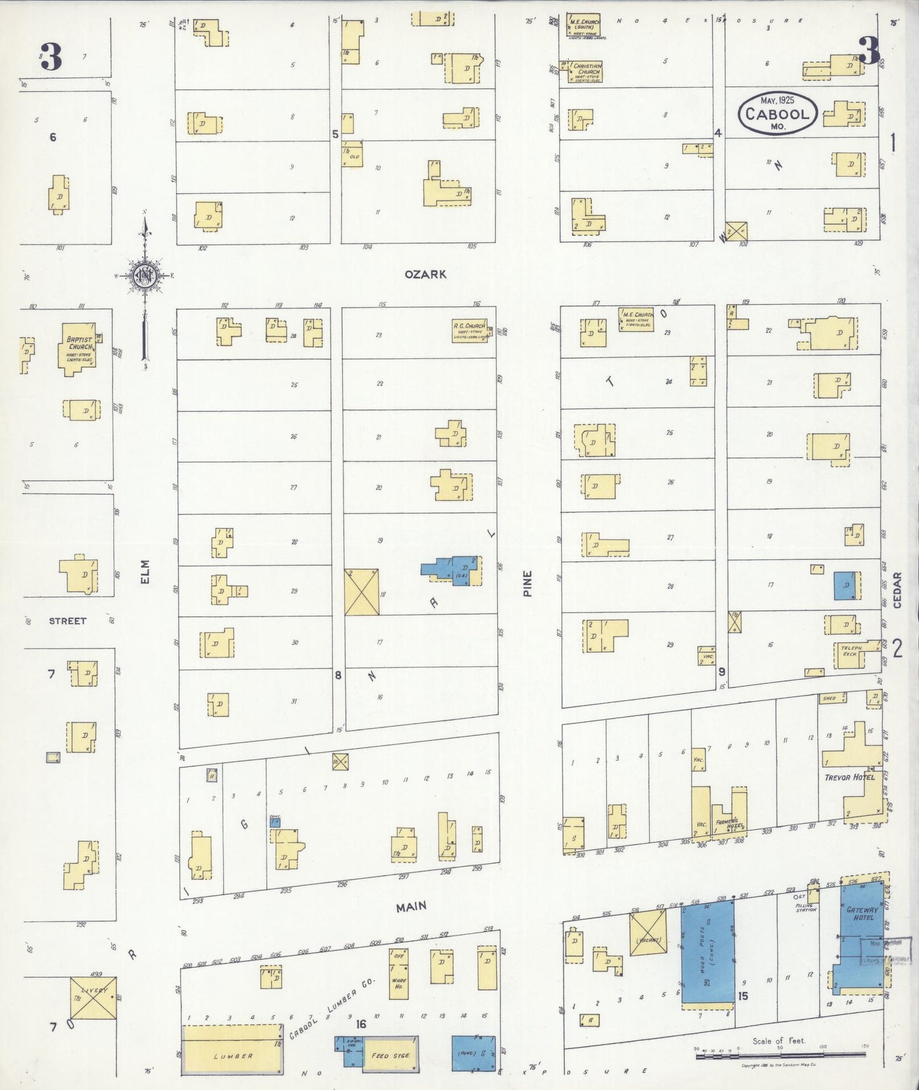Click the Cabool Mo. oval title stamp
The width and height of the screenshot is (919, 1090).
point(778,113)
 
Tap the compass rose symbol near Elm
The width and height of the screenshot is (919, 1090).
point(146,275)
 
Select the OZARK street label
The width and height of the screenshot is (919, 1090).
point(425,274)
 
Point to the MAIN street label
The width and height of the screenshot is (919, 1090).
point(411,907)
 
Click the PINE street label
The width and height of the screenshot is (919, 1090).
point(527,583)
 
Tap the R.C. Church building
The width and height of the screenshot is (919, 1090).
point(469,331)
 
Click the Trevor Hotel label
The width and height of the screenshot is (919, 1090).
point(850,776)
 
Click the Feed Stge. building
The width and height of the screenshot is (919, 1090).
point(390,1055)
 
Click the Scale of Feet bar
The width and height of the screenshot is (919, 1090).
point(779,1056)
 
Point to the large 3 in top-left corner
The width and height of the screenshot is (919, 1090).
point(50,56)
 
